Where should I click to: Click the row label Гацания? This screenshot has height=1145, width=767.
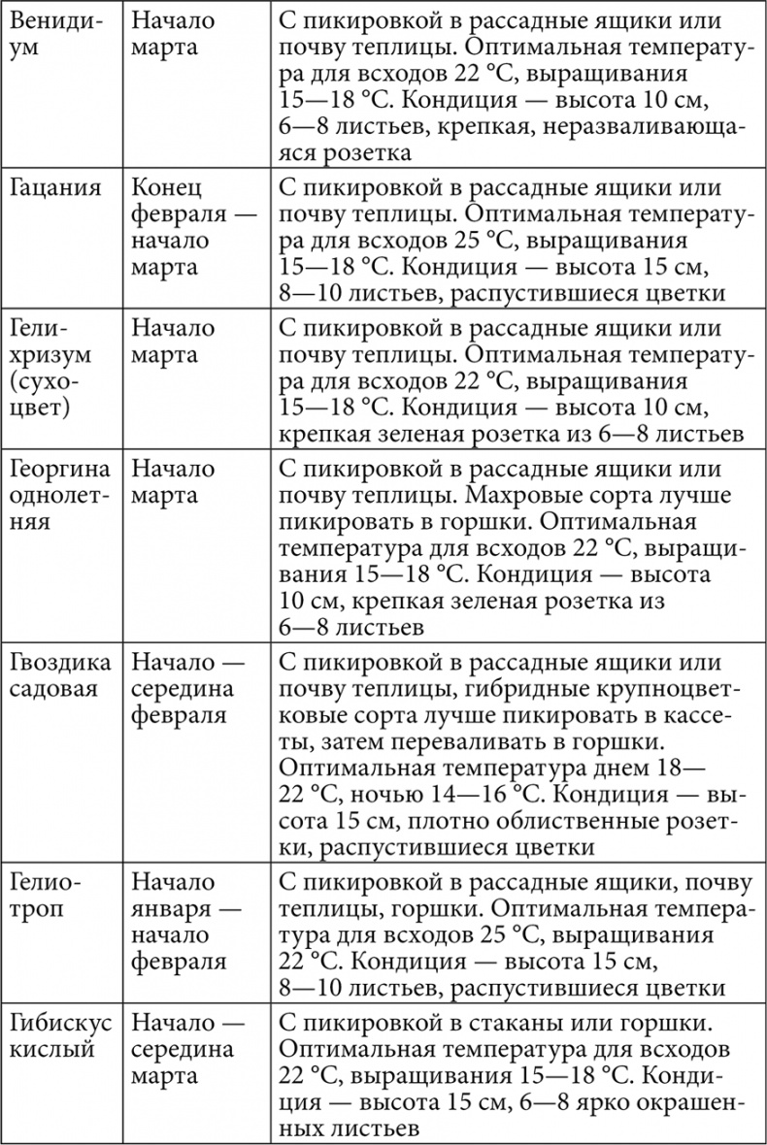pos(56,189)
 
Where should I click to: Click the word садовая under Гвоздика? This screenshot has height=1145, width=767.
pos(54,690)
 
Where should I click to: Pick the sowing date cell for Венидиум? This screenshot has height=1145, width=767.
pos(174,34)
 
